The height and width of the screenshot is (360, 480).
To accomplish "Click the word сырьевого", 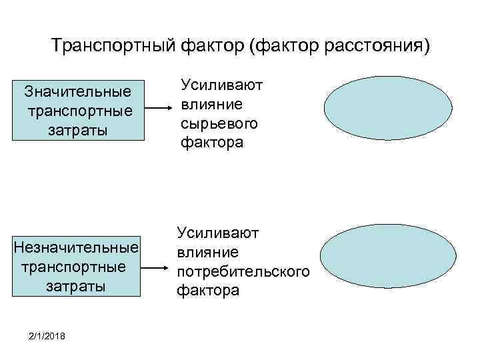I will coord(219,124).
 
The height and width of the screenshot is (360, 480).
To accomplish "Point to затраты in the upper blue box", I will coord(77,127).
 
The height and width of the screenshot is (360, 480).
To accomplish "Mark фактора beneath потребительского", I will coord(207,292).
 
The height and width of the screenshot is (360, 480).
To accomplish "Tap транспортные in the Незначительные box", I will coord(74,267).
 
